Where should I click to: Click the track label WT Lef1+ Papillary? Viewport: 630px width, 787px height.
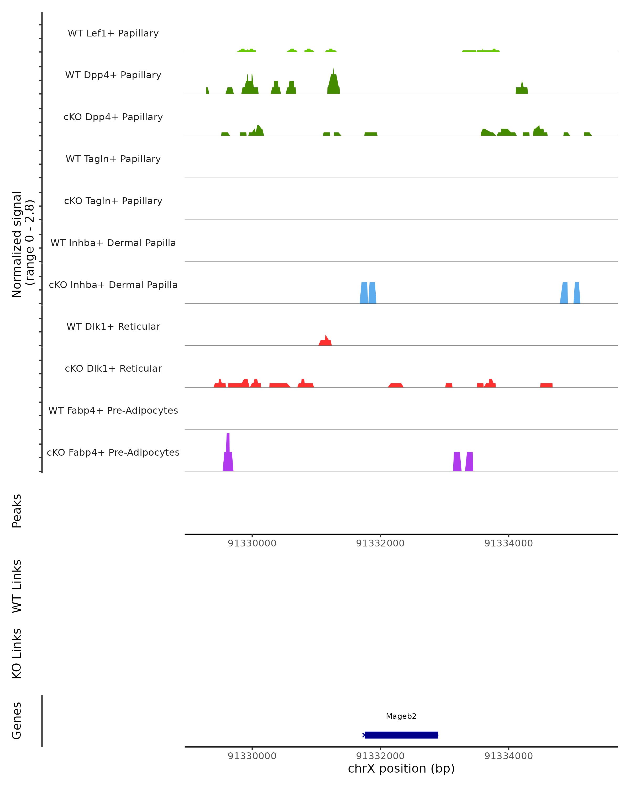(x=113, y=33)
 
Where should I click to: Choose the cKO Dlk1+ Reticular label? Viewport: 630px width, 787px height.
(x=113, y=368)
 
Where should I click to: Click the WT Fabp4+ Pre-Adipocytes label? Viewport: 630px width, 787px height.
(x=113, y=410)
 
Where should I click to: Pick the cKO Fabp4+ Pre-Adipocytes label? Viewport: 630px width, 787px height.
(x=113, y=452)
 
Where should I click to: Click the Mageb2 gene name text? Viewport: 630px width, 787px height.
(x=401, y=716)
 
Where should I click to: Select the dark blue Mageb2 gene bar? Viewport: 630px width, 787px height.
(x=401, y=735)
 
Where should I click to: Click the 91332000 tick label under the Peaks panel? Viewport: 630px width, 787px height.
(x=380, y=543)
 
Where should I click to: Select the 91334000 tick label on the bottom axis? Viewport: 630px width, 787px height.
(x=508, y=756)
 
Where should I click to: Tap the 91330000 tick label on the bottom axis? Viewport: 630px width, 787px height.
(x=252, y=756)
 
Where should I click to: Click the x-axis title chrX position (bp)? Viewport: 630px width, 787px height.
(x=401, y=769)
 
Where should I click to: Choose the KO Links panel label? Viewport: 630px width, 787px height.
(x=17, y=653)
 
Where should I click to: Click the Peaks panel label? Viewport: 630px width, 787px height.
(x=17, y=511)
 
